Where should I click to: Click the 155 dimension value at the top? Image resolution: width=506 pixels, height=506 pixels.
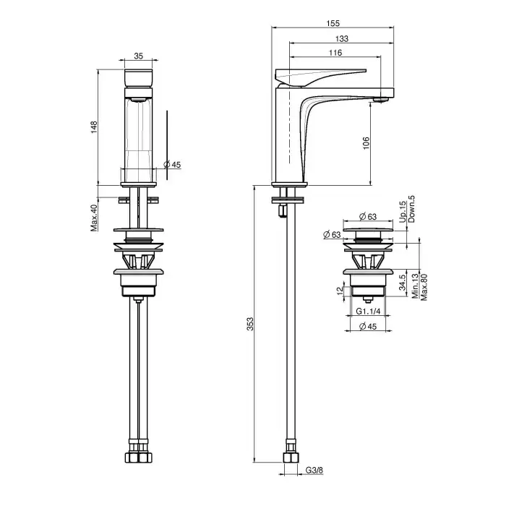pos(333,24)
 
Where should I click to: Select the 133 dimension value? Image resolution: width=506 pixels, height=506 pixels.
pos(342,39)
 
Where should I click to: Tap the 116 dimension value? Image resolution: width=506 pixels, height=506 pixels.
pos(335,53)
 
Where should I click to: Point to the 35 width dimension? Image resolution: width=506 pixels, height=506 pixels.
pos(139,56)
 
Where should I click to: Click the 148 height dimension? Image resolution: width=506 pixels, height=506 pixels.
pos(94,127)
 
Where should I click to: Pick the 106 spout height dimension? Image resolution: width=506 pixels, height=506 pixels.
pos(366,143)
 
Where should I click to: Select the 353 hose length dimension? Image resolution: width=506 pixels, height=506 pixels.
pos(250,324)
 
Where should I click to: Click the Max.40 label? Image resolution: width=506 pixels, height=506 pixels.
pos(94,218)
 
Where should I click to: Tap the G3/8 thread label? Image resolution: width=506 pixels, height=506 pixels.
pos(314,470)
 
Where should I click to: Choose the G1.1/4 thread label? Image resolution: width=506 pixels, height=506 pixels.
pos(368,311)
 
